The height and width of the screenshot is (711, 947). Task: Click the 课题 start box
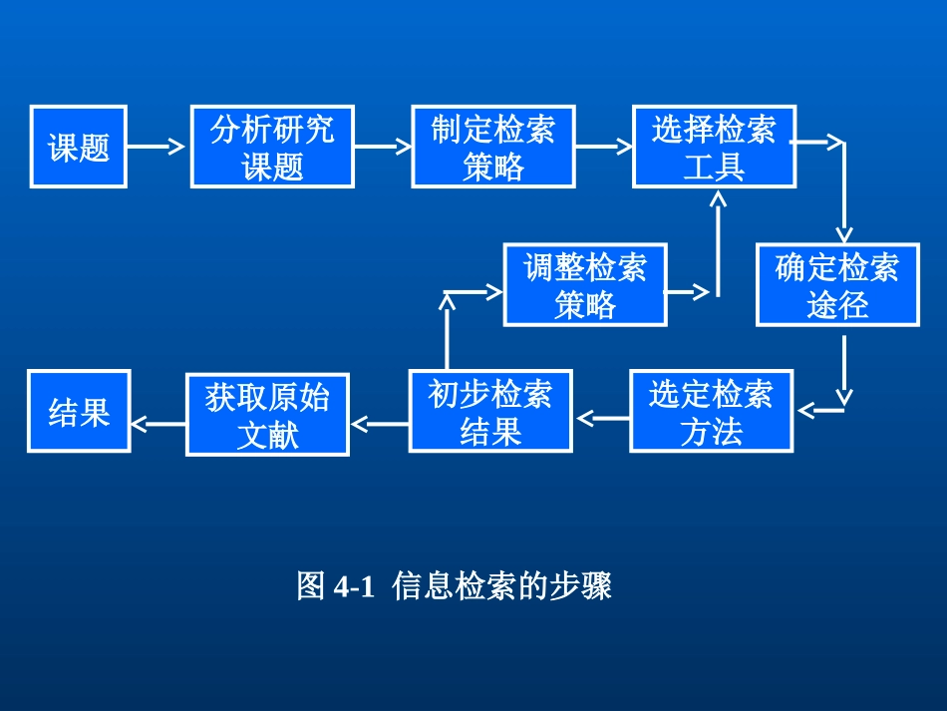[x=79, y=147]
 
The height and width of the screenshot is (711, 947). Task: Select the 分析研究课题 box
[x=272, y=147]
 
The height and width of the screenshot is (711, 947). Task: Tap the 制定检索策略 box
[x=493, y=147]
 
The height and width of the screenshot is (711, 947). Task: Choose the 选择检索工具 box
[x=714, y=147]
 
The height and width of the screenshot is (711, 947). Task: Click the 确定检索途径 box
[x=837, y=285]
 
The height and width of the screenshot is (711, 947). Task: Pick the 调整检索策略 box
[x=585, y=285]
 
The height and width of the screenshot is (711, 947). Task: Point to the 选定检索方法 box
[x=712, y=412]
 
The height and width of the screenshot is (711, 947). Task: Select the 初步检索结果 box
[x=490, y=412]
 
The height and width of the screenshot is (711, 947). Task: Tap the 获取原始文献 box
[x=267, y=415]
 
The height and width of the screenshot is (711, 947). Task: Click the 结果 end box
[x=79, y=412]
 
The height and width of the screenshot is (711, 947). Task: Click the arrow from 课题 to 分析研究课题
[x=158, y=147]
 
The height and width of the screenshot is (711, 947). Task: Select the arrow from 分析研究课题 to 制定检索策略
[x=383, y=147]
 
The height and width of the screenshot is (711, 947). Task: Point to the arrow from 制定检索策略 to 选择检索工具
[x=604, y=147]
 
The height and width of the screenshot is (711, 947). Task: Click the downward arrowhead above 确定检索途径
[x=843, y=235]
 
